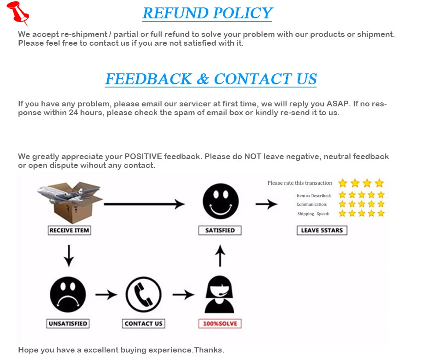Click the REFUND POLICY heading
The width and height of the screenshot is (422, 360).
click(207, 13)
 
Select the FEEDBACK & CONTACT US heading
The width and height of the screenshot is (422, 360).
click(211, 79)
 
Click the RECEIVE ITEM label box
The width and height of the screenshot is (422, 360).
click(69, 230)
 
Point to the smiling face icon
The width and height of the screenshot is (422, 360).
click(220, 201)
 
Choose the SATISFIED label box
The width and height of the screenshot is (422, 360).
click(220, 230)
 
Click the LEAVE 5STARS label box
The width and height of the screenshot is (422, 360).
click(322, 230)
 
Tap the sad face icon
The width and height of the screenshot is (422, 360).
click(68, 294)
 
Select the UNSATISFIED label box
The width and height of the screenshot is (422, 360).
click(68, 324)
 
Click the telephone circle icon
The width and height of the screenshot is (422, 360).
click(143, 294)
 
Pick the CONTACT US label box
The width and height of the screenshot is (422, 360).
click(143, 324)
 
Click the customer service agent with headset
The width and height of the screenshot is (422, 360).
click(220, 295)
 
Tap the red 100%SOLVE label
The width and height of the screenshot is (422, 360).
click(220, 324)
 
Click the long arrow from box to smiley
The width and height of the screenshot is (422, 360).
click(144, 204)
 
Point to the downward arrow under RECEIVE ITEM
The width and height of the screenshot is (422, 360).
click(69, 256)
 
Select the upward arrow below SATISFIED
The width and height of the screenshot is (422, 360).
click(220, 256)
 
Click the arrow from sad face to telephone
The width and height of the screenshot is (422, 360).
click(106, 295)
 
